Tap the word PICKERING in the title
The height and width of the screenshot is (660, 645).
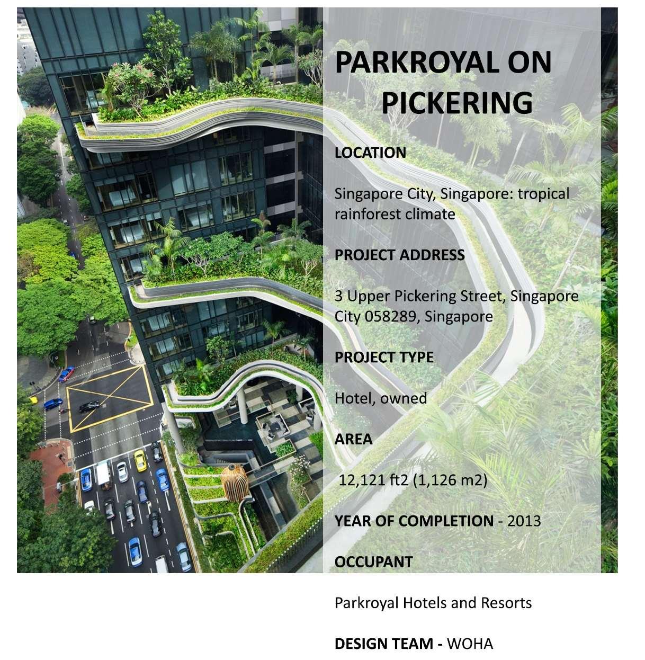(457, 102)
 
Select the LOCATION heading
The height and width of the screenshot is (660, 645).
(370, 153)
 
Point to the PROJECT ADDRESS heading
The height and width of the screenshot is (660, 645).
(399, 255)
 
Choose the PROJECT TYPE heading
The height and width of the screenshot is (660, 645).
(384, 357)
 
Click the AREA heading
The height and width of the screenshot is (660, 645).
(353, 439)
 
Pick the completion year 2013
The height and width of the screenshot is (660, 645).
(524, 521)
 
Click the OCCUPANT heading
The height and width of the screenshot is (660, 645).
(373, 562)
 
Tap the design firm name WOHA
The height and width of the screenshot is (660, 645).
(470, 644)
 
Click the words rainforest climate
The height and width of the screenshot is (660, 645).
(395, 214)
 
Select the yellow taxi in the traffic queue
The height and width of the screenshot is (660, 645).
(140, 460)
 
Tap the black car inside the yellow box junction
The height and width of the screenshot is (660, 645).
(89, 406)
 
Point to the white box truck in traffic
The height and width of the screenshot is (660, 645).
(103, 475)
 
